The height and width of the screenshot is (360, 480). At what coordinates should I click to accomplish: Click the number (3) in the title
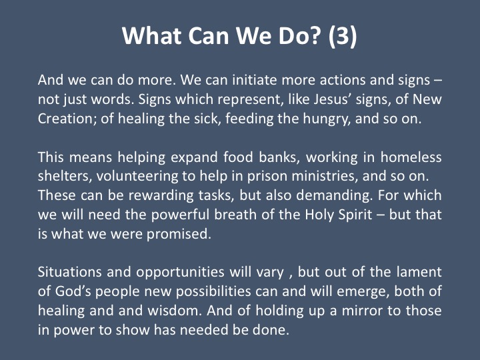point(343,36)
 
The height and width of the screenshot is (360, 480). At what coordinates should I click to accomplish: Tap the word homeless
point(411,157)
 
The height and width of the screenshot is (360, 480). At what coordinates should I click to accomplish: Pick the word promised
point(179,235)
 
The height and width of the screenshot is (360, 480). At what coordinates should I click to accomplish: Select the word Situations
point(69,272)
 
